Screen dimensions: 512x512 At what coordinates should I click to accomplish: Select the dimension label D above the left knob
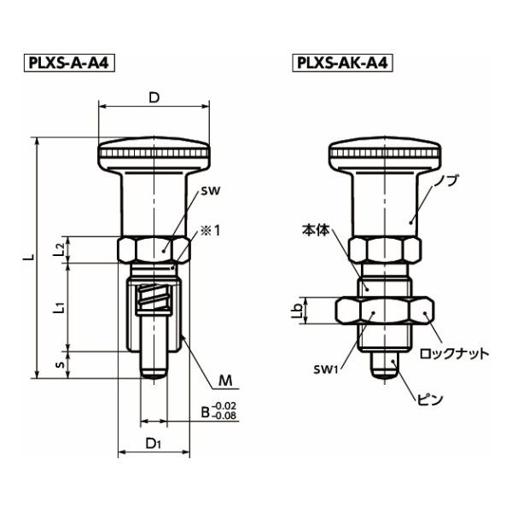tap(154, 97)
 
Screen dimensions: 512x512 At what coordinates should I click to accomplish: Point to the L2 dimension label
tap(57, 249)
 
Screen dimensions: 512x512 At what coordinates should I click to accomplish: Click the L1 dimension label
tap(57, 307)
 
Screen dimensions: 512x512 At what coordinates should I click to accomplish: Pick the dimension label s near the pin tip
tap(58, 364)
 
